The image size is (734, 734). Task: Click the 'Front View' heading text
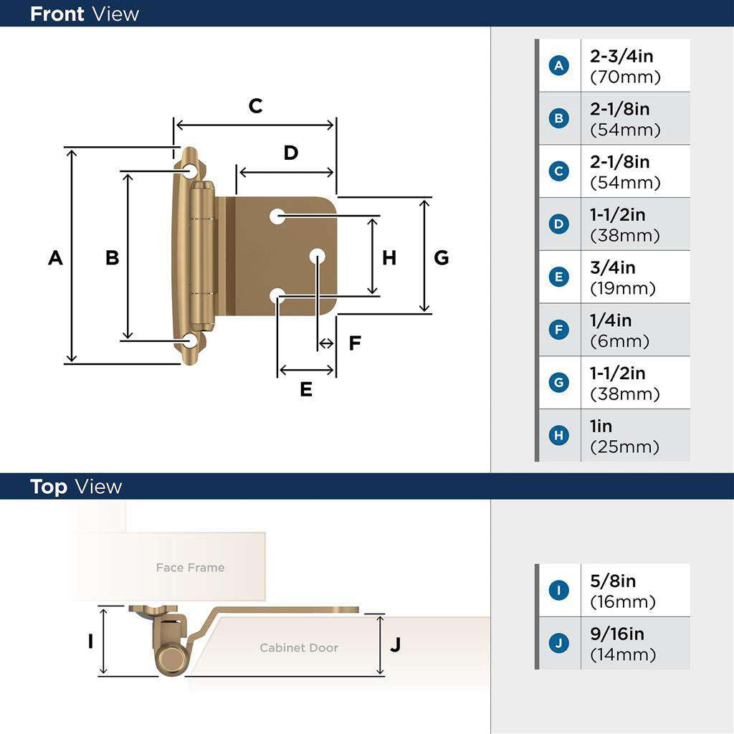(x=85, y=14)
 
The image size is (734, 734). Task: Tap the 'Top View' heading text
(x=76, y=487)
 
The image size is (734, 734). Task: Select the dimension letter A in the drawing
(x=55, y=257)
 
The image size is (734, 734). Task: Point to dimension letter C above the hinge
(x=255, y=106)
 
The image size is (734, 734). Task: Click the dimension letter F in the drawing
(x=355, y=343)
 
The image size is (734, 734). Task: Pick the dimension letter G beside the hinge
(x=442, y=257)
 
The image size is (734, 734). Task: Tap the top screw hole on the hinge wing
(x=190, y=171)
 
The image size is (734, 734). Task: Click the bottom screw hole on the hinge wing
(x=190, y=340)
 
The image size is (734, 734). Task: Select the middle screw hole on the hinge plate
(x=318, y=255)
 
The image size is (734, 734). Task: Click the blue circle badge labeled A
(x=559, y=66)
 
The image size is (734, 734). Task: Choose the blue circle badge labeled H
(x=559, y=436)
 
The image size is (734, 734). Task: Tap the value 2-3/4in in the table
(x=621, y=56)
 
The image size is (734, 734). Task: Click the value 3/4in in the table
(x=612, y=267)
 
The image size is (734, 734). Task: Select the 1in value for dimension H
(x=601, y=426)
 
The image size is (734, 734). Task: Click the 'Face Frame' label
(x=190, y=568)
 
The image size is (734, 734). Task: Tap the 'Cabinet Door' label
(x=298, y=647)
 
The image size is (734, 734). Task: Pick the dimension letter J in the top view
(x=395, y=644)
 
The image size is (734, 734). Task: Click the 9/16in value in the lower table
(x=616, y=634)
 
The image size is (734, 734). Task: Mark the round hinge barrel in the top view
(x=171, y=658)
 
